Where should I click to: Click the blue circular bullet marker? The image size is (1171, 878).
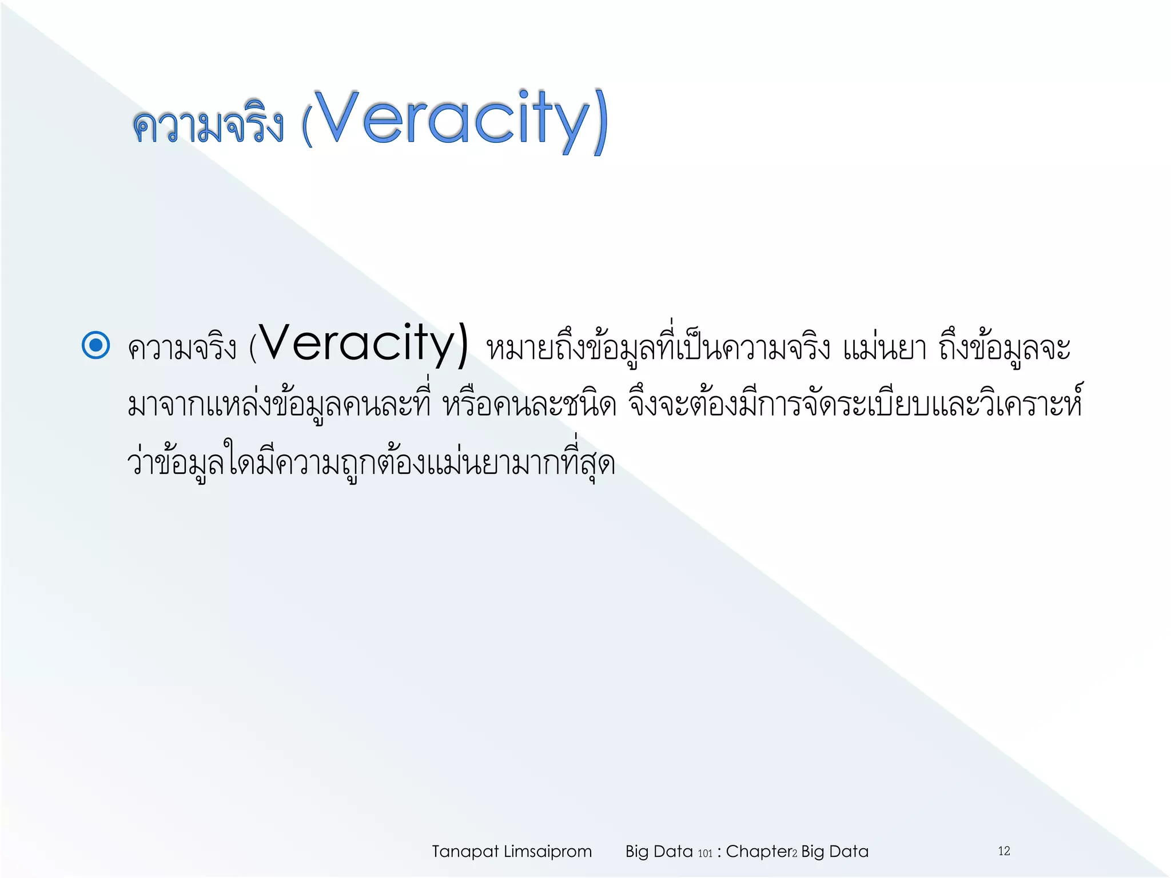96,345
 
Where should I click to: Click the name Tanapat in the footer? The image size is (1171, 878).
465,852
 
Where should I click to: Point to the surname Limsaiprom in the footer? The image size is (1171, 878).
547,852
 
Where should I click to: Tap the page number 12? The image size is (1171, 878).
1004,851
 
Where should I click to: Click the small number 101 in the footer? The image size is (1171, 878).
705,853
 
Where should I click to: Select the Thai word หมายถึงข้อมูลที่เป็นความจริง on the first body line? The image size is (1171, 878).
658,349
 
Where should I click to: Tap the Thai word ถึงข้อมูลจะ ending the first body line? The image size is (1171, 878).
1005,349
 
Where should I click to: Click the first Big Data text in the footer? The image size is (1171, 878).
659,852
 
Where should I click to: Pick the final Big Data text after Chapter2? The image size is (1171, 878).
835,852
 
